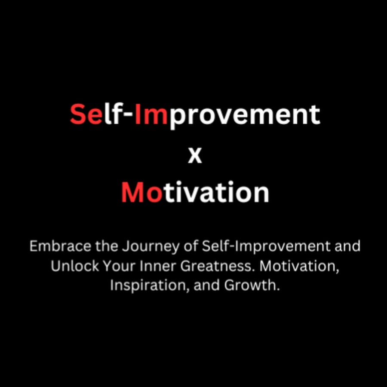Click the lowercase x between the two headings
click(195, 156)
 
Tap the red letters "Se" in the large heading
click(86, 114)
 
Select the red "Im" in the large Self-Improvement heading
click(151, 114)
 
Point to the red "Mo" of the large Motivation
click(142, 192)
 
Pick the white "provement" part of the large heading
click(244, 117)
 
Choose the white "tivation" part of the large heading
click(216, 192)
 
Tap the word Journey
click(150, 247)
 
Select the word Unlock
click(75, 266)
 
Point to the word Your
click(119, 266)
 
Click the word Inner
click(158, 266)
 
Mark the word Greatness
click(218, 266)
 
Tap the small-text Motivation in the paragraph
click(299, 267)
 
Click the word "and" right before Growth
click(207, 286)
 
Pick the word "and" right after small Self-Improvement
click(347, 246)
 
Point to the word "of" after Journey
click(191, 246)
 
